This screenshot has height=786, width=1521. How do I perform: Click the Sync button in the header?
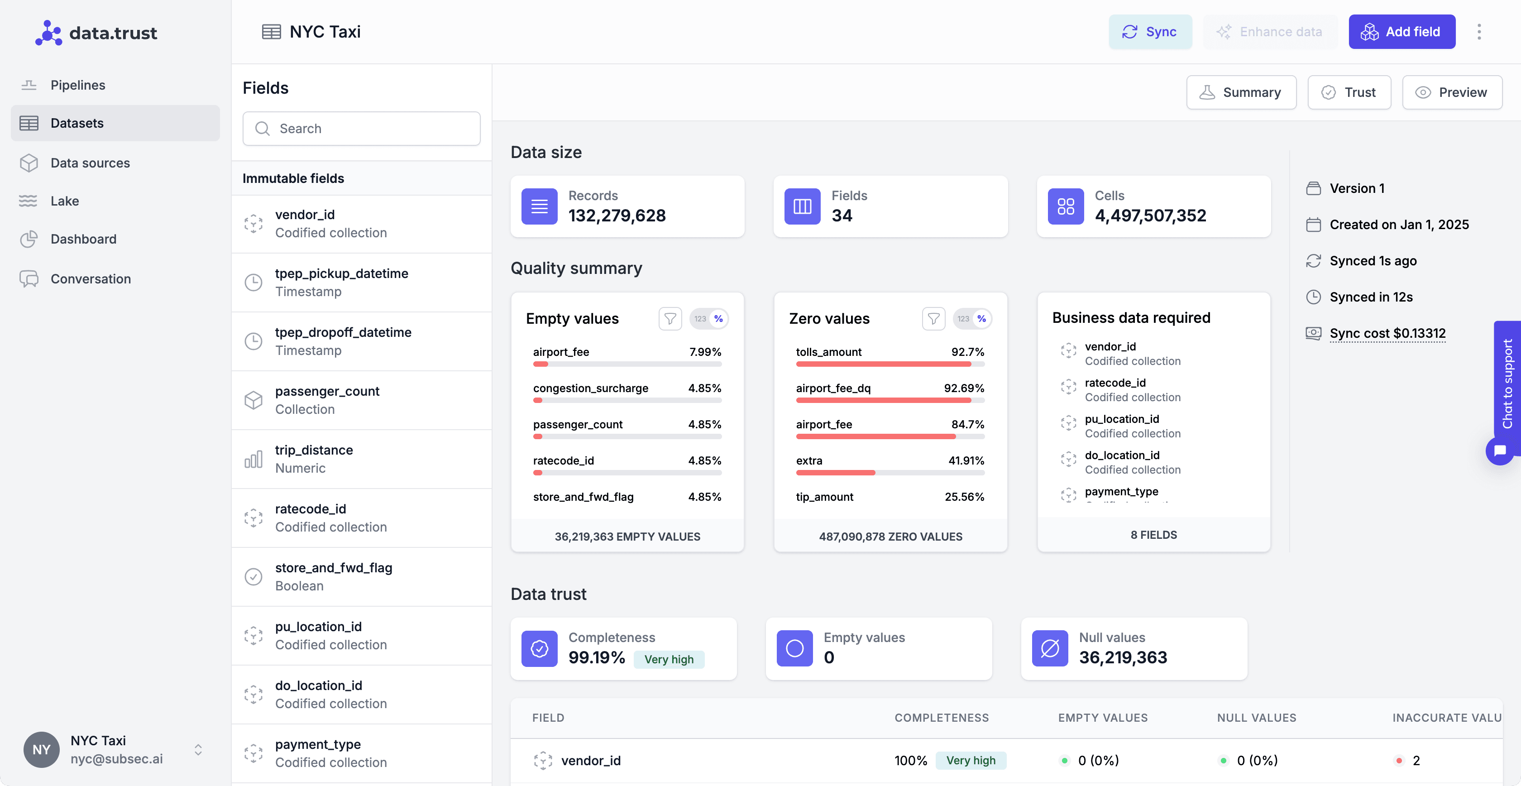tap(1150, 32)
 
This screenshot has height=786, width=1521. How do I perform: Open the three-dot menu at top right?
tap(1478, 32)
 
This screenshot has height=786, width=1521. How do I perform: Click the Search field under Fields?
tap(361, 129)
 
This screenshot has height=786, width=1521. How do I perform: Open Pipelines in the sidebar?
tap(77, 85)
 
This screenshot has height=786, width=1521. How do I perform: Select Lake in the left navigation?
tap(64, 201)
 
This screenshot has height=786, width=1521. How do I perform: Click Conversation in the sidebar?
tap(91, 279)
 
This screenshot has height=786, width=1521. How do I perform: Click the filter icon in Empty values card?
tap(670, 319)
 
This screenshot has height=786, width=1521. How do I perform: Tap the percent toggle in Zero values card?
tap(981, 319)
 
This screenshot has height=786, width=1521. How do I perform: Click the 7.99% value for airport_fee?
tap(705, 352)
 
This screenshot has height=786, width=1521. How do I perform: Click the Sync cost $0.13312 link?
tap(1387, 333)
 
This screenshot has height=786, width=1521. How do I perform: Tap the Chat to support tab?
tap(1507, 384)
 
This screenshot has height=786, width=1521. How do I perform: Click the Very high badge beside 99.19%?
tap(669, 659)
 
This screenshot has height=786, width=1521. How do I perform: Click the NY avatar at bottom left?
tap(41, 749)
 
